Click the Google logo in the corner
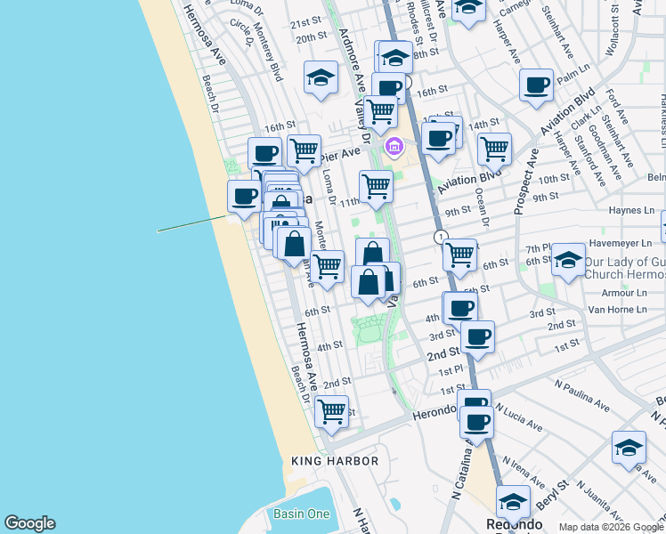29,523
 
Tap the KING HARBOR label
335,461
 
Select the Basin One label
301,514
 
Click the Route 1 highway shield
440,237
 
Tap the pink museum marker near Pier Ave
392,145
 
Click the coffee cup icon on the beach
244,196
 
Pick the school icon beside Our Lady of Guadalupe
568,260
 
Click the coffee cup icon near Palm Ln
536,85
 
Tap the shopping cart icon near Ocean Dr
494,149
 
